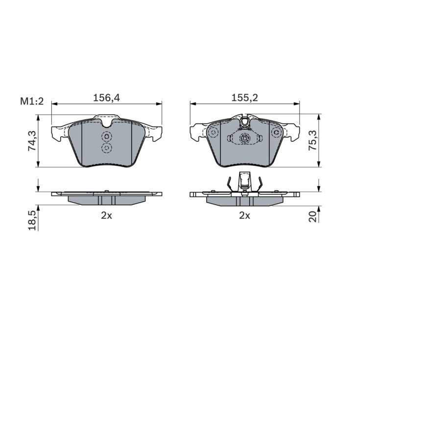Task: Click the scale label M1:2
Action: click(32, 101)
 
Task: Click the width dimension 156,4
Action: click(107, 98)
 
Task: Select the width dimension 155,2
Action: click(245, 98)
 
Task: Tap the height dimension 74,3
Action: click(31, 141)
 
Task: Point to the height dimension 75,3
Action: click(313, 141)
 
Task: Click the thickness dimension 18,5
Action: click(31, 220)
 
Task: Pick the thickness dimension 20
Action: click(313, 216)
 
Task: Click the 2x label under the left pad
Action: click(106, 215)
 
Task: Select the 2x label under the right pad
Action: click(245, 215)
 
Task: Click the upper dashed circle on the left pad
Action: click(107, 137)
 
